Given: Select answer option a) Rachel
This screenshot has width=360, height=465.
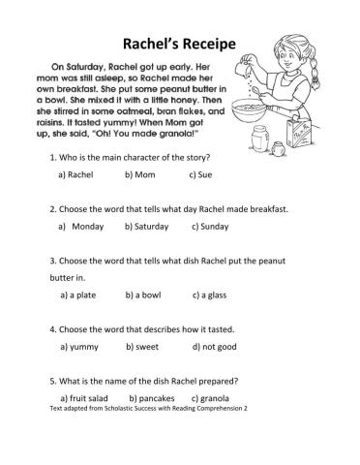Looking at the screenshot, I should (75, 176).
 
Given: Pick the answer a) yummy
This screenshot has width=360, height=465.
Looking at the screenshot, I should (80, 347).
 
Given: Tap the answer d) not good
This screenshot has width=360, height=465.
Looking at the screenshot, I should (215, 347).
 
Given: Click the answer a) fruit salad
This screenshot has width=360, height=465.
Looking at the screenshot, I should (88, 398).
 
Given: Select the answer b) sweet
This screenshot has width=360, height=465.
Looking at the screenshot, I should (143, 347).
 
